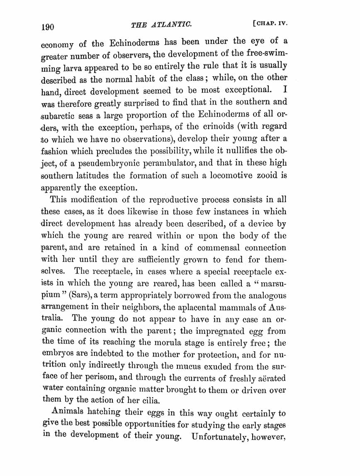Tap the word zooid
pyautogui.click(x=266, y=175)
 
